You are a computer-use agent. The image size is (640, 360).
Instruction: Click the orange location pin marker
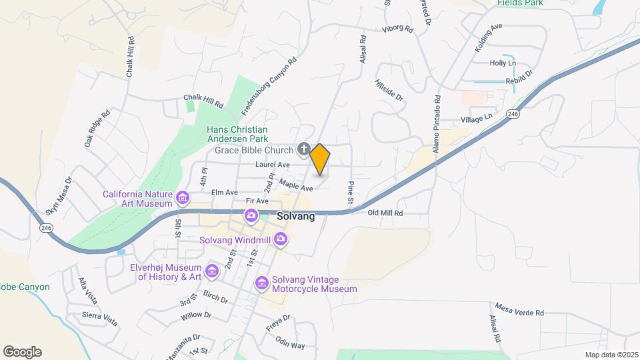tap(320, 159)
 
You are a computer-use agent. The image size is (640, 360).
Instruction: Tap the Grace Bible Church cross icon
tap(304, 149)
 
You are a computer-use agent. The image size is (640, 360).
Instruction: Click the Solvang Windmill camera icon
tap(281, 239)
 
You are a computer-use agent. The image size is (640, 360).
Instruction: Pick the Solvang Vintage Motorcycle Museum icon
tap(262, 284)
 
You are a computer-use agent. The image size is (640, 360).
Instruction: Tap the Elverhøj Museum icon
tap(212, 271)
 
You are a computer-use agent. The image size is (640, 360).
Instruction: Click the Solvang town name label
tap(296, 217)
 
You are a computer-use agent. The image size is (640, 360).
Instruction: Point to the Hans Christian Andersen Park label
tap(237, 134)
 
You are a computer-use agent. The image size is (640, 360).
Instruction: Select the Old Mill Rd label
tap(386, 213)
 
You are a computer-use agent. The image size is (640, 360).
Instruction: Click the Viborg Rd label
tap(398, 29)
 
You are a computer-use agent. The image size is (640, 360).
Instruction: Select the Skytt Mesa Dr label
tap(58, 195)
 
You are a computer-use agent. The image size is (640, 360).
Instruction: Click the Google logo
tap(22, 352)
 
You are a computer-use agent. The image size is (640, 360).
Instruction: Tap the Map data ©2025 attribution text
tap(611, 355)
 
